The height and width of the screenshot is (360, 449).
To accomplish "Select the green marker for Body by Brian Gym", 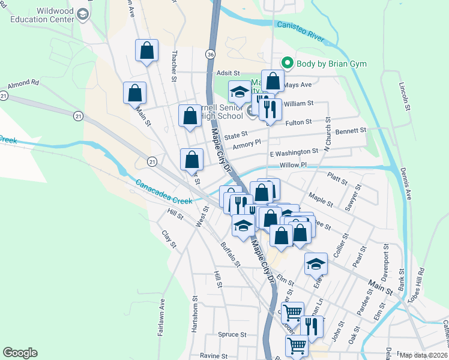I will (288, 63).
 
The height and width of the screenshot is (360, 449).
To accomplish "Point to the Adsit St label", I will (228, 71).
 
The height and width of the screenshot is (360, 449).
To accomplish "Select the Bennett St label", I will (350, 130).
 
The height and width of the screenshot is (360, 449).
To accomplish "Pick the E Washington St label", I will (294, 152).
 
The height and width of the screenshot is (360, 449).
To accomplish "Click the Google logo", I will (20, 353).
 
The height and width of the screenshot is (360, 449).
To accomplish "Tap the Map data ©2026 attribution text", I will (424, 355).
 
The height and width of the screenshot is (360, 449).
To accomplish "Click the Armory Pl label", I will (247, 144).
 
